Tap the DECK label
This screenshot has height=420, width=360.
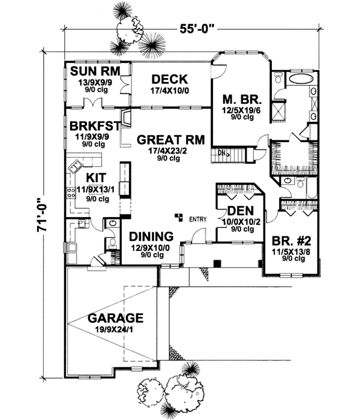(x=170, y=79)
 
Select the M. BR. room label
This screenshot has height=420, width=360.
(x=236, y=99)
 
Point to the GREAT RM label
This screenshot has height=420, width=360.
(x=170, y=139)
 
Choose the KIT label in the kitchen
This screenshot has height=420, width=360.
(x=95, y=178)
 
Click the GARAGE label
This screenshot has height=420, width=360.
(x=114, y=317)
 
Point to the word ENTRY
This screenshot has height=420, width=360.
(x=198, y=219)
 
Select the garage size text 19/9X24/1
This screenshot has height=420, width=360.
(x=115, y=329)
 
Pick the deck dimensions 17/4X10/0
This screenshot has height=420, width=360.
(x=170, y=90)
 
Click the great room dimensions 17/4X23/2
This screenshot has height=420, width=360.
(x=170, y=151)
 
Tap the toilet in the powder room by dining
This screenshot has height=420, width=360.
(x=112, y=242)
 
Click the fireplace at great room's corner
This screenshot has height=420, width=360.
(x=126, y=117)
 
